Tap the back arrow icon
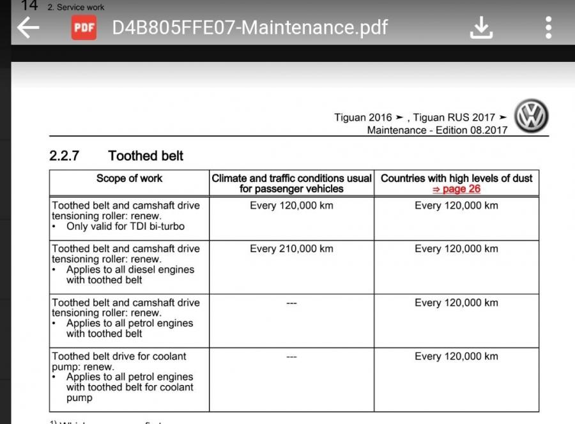[28, 27]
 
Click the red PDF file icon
[84, 27]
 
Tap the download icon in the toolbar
[482, 27]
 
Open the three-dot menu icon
[548, 27]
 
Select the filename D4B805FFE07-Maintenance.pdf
[250, 27]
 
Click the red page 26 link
[456, 189]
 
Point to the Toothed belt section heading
[146, 156]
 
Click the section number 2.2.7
[64, 156]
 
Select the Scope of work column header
[129, 179]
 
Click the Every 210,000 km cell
[291, 249]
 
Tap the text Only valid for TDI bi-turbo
[125, 227]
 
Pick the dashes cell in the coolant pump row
[291, 356]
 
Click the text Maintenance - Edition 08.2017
[437, 130]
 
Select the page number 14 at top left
[29, 6]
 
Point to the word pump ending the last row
[79, 398]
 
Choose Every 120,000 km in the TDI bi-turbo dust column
[456, 206]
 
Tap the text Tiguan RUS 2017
[454, 117]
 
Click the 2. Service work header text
[76, 8]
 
